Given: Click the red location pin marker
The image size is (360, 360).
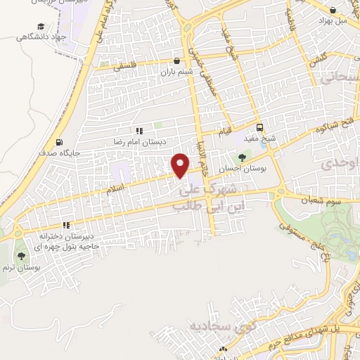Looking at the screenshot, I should coord(181,165).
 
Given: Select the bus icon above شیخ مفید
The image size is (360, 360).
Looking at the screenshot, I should coord(260,128).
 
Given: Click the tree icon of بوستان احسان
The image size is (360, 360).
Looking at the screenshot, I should coord(243,157).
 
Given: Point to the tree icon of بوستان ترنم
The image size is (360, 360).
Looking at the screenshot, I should coord(20,256).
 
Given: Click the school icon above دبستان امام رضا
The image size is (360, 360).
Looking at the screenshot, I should coord(139,130).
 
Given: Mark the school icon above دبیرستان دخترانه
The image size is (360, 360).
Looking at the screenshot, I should coord(66,226).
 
